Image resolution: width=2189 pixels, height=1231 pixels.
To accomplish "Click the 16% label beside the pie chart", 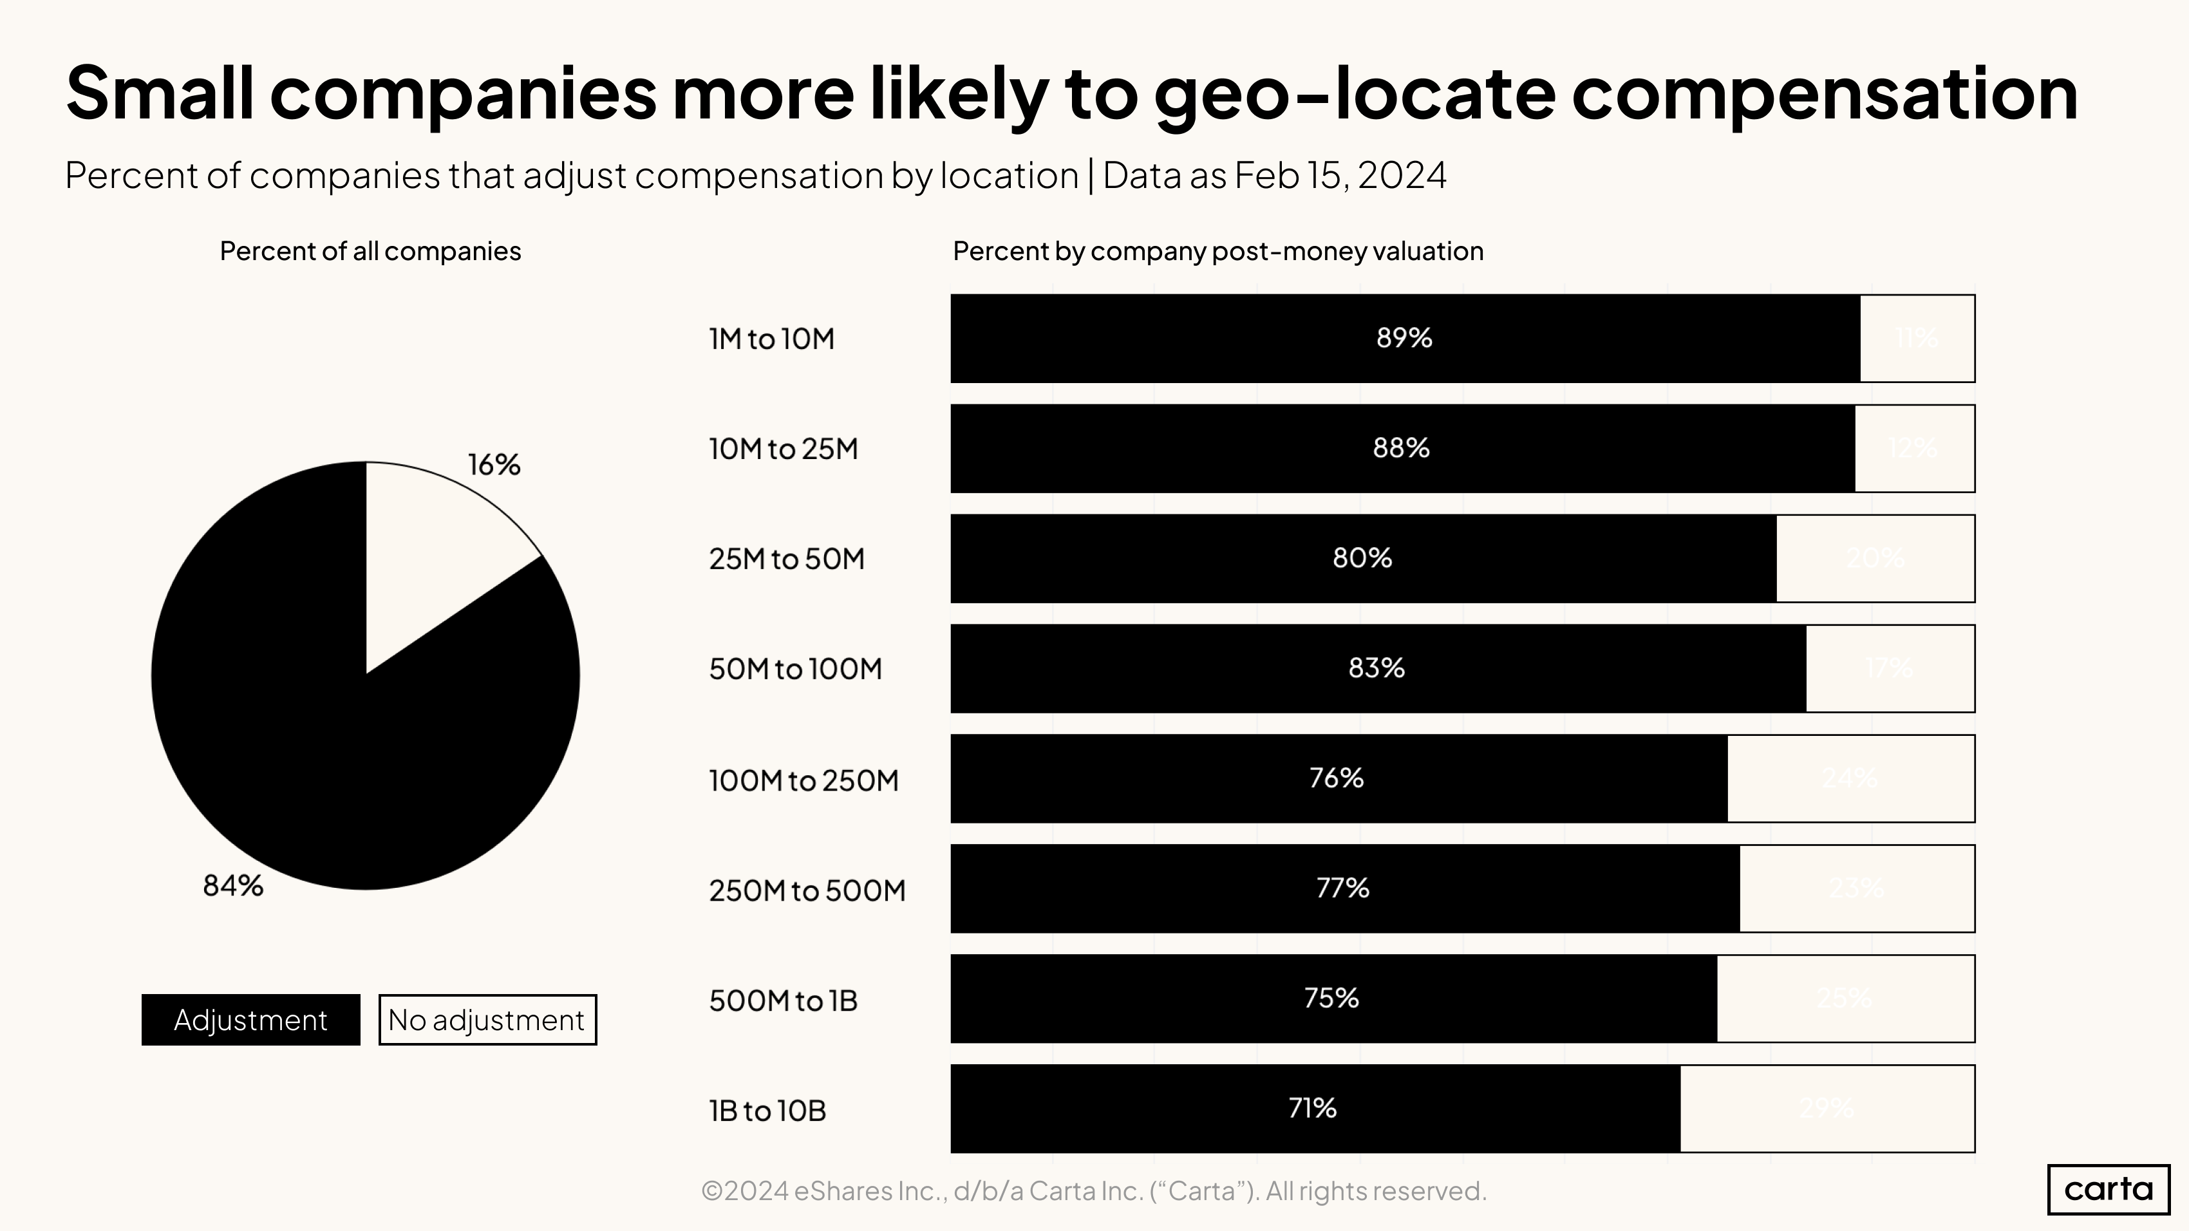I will (494, 465).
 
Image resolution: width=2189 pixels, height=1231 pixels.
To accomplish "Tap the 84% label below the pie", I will (233, 886).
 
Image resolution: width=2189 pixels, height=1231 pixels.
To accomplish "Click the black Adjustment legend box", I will (250, 1019).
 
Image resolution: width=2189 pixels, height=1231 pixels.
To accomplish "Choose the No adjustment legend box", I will (487, 1019).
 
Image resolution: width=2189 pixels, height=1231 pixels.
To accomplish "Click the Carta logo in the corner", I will (2109, 1189).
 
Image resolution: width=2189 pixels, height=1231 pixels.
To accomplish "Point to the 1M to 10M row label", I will (771, 339).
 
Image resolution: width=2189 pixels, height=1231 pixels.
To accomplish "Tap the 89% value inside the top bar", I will (1404, 338).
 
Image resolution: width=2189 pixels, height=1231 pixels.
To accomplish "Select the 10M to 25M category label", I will (784, 449).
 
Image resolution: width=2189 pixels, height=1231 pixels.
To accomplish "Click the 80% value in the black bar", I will (1362, 558).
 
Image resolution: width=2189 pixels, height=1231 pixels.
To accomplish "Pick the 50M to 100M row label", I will (795, 668).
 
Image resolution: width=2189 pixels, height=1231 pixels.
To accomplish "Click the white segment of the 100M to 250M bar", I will (1850, 778).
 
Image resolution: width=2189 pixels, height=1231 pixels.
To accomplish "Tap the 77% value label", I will (1342, 888).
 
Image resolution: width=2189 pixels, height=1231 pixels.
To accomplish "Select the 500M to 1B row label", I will (784, 1000).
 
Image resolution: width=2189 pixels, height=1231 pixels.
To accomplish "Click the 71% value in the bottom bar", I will (1312, 1108).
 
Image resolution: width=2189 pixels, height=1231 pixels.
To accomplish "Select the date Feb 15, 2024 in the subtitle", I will (1339, 176).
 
